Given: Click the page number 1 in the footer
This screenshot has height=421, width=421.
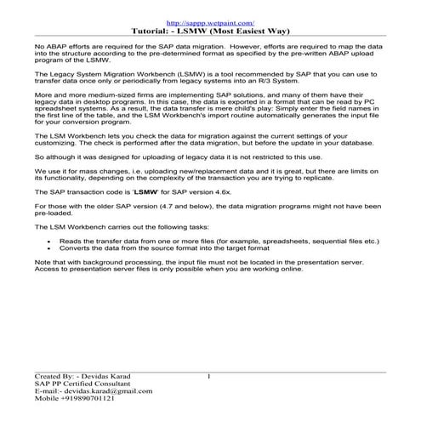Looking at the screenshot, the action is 209,375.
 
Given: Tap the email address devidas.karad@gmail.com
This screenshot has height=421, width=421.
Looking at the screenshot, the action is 106,390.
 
